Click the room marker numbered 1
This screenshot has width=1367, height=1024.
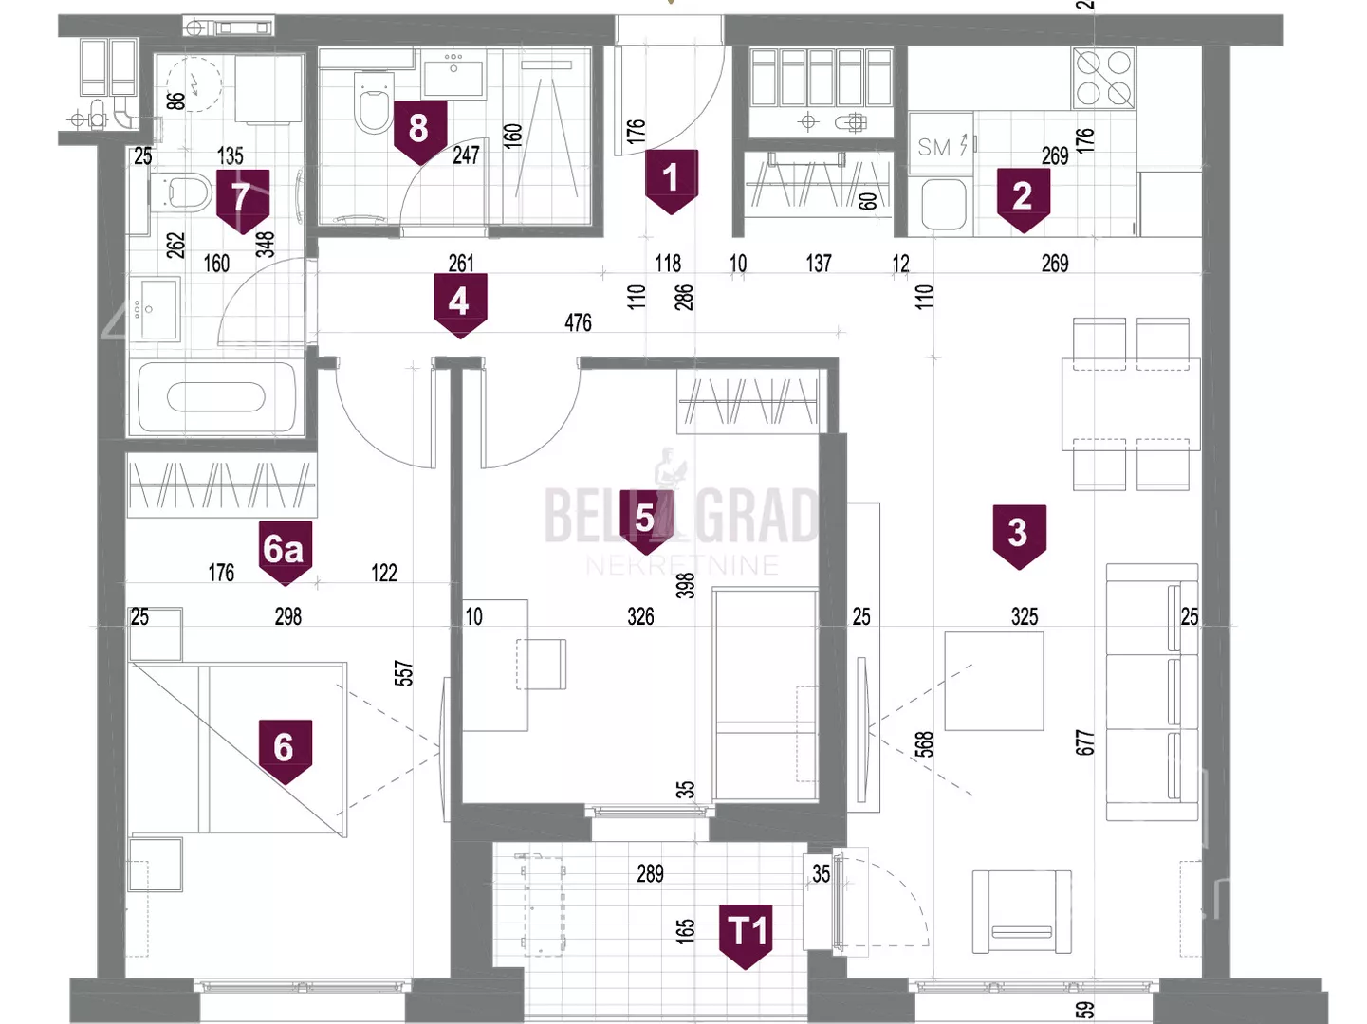click(x=671, y=179)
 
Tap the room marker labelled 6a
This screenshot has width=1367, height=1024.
click(x=285, y=551)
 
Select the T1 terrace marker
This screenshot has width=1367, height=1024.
click(x=747, y=934)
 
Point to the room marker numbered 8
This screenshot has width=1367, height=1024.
click(x=418, y=131)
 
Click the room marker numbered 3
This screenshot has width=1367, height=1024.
click(x=1018, y=535)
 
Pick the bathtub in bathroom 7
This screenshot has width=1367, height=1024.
click(x=216, y=397)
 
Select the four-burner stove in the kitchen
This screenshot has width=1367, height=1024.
click(x=1103, y=78)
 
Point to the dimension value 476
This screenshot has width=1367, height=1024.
click(x=578, y=323)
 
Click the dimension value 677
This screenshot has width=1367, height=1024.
click(x=1085, y=742)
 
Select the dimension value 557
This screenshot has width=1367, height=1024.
click(x=404, y=673)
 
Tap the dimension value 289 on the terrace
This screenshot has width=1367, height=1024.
click(x=650, y=873)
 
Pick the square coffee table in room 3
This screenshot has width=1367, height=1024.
click(x=994, y=681)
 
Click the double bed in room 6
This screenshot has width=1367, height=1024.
click(x=238, y=749)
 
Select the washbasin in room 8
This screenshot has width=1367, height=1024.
click(x=453, y=74)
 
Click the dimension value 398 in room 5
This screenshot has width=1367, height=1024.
click(x=686, y=585)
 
